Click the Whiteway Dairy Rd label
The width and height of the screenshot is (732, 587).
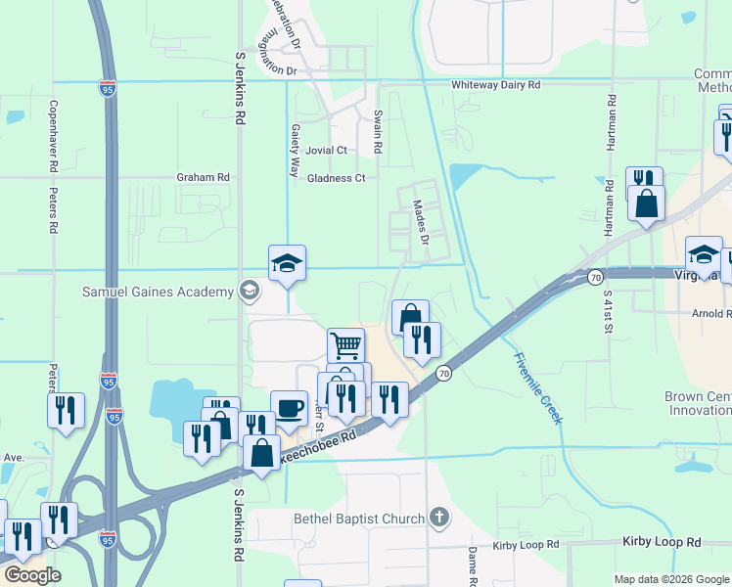[495, 85]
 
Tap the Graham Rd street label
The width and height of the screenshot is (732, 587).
[203, 177]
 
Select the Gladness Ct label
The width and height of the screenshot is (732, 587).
[336, 178]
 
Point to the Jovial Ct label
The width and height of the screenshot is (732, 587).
[326, 151]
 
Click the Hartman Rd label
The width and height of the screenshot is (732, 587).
[611, 122]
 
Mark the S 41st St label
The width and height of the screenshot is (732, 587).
[608, 311]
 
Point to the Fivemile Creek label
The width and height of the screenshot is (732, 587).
[537, 387]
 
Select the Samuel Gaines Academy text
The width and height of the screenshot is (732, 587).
[158, 291]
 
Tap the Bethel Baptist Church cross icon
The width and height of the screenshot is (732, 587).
[439, 518]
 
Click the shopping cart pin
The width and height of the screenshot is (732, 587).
[345, 344]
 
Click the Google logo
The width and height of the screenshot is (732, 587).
[32, 575]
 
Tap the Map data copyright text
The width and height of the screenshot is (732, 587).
[671, 579]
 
